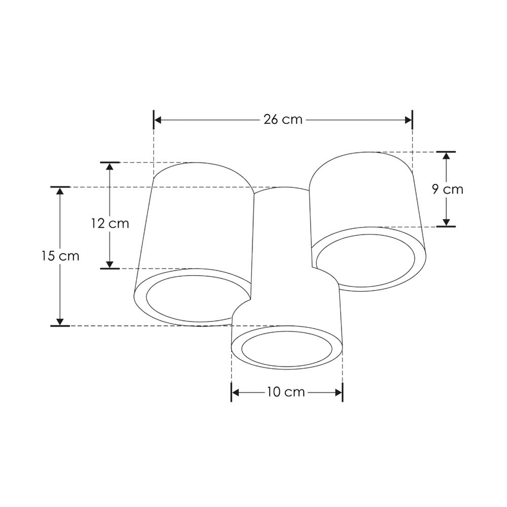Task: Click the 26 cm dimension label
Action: click(x=283, y=120)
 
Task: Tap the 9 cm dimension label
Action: click(x=448, y=189)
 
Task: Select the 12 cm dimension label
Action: click(x=110, y=223)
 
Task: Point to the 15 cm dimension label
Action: click(x=60, y=256)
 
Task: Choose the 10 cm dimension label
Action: click(x=286, y=392)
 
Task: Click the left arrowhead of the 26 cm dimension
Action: click(x=158, y=120)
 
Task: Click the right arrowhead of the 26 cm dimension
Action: click(x=408, y=120)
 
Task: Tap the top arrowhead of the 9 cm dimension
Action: click(x=446, y=156)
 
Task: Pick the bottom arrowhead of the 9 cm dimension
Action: click(x=446, y=223)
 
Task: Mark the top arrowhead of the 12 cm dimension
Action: click(x=110, y=166)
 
